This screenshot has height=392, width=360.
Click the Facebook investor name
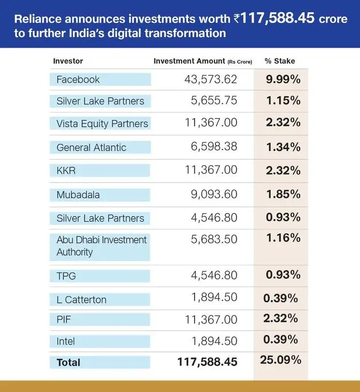coord(78,79)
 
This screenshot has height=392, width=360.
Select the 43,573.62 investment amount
coord(211,79)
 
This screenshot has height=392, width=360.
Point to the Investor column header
coord(68,61)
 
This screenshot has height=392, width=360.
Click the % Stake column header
coord(280,61)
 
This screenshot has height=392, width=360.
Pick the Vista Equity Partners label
coord(102,123)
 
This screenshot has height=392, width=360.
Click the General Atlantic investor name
coord(91,147)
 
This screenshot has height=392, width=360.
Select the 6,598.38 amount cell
coord(214,147)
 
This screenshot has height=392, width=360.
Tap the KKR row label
coord(66,170)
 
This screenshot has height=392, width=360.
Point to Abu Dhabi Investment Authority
coord(101,246)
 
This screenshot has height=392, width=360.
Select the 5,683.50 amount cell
coord(214,240)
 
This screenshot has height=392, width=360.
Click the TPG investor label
coord(66,276)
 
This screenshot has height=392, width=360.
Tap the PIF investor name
coord(64,320)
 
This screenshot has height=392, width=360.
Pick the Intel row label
coord(66,341)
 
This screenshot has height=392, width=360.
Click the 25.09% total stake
coord(281,360)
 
